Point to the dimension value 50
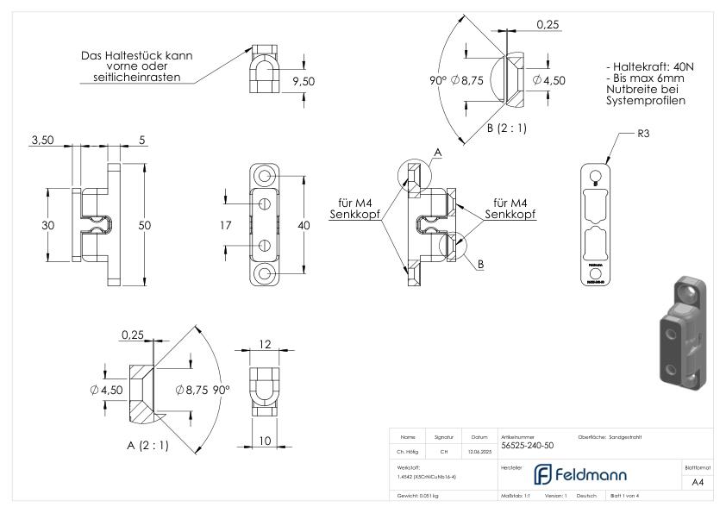click(x=146, y=225)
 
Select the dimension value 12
click(x=266, y=344)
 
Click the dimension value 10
click(x=266, y=441)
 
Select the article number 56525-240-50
click(x=528, y=445)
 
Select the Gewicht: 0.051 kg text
click(x=417, y=496)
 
